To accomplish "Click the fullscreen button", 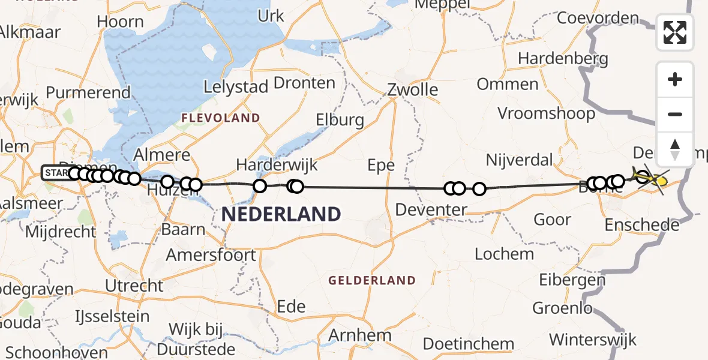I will coord(675,32).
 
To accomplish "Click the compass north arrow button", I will coord(675,149).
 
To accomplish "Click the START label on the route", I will coord(56,173).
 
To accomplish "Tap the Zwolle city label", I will coord(412,90).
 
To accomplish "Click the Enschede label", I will coord(642,225).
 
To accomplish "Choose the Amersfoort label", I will coord(211,254).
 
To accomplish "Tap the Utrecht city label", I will coord(134,286).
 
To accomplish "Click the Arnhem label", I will coord(361,335).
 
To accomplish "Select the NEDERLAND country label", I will coord(281,214).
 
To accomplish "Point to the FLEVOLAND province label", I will coord(221,118).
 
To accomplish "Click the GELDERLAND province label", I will coord(372,280).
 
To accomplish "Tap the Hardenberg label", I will coord(563,59).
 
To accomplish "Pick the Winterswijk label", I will coord(593,340).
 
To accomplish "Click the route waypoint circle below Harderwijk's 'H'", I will coord(260,186).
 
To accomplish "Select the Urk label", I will coord(271,16).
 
